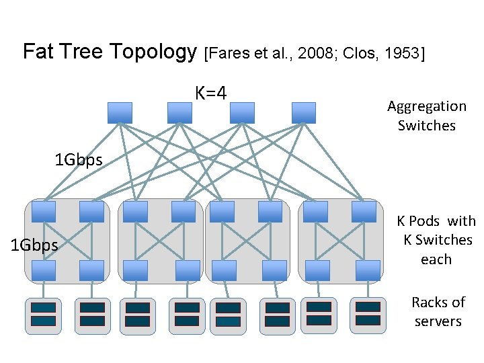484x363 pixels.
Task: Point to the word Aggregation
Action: coord(427,106)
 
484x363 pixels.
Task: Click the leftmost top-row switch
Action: coord(120,112)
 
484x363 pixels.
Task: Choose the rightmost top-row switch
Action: coord(304,112)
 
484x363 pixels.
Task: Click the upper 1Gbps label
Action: coord(79,160)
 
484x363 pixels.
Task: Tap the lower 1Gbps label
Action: coord(35,245)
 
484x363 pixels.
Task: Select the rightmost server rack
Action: coord(368,315)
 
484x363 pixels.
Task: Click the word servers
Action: coord(438,321)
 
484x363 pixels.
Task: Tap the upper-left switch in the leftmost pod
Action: coord(44,212)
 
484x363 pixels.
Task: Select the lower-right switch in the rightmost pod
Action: coord(367,270)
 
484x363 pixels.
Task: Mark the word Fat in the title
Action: coord(38,52)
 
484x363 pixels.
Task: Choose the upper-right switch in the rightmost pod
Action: coord(364,212)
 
